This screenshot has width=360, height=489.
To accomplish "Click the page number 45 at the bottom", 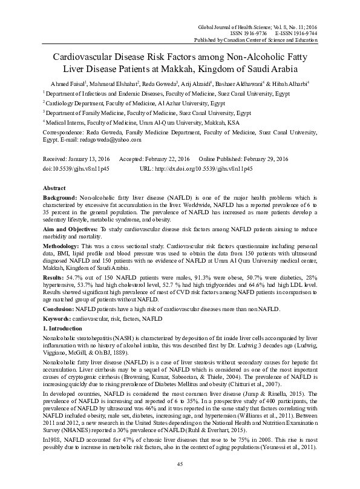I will (180, 464).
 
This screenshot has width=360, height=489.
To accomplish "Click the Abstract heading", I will (55, 188).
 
